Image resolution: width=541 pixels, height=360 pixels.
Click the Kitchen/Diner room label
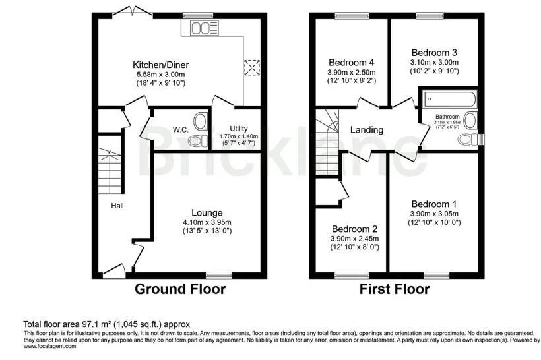[x=161, y=65]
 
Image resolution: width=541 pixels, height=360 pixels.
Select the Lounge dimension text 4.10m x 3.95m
[x=207, y=222]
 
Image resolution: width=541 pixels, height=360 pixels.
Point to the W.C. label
[x=181, y=130]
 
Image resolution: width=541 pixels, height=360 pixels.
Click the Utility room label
[x=238, y=129]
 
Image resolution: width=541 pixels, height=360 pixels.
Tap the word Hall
[x=117, y=206]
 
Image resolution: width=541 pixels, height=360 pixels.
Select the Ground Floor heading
[x=180, y=289]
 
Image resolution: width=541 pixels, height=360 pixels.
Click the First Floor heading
[x=395, y=289]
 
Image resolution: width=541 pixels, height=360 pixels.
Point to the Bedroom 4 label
[x=351, y=63]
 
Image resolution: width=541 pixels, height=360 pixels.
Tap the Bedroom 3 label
[x=434, y=53]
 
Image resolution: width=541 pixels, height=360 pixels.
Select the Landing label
[x=367, y=130]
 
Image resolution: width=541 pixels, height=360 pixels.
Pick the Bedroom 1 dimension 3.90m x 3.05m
[x=434, y=214]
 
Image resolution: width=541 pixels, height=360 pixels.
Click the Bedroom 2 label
[x=355, y=229]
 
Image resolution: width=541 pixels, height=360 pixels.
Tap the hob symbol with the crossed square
[x=252, y=67]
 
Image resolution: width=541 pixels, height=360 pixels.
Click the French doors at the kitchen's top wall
[x=133, y=11]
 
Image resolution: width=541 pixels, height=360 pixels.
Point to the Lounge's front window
[x=219, y=275]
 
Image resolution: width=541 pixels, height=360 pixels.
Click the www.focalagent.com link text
[x=49, y=346]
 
